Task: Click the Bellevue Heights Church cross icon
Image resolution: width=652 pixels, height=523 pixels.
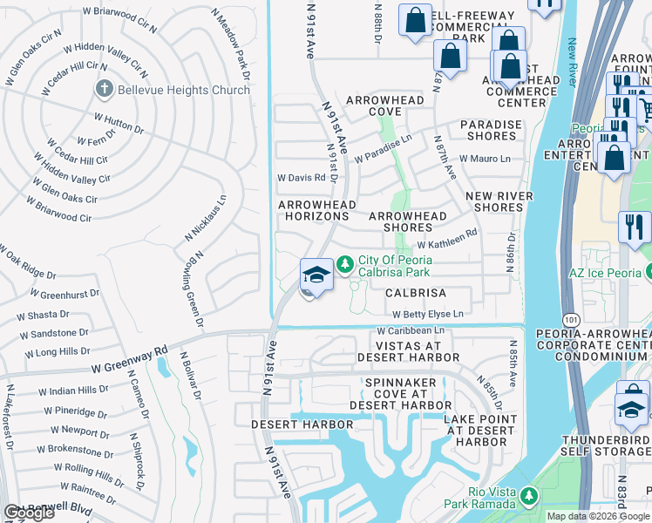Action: pos(104,89)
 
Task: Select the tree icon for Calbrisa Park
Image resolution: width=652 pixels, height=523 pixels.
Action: pos(345,262)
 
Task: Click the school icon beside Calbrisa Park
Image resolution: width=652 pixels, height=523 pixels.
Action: pos(316,275)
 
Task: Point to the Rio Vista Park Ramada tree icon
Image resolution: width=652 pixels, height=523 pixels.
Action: pos(527,496)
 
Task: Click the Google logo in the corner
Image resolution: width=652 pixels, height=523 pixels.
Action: pos(28,513)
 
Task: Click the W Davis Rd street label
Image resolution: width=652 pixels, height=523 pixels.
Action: pos(301,177)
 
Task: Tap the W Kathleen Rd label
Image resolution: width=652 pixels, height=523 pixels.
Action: pos(447,234)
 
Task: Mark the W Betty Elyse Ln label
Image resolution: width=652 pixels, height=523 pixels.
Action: pos(427,314)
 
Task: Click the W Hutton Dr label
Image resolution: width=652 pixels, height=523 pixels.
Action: pos(119,123)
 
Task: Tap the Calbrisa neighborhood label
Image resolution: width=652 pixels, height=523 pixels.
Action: pos(416,294)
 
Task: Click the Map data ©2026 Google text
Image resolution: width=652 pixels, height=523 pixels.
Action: pos(598,516)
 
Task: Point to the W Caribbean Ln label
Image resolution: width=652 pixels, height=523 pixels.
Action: pos(411,331)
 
